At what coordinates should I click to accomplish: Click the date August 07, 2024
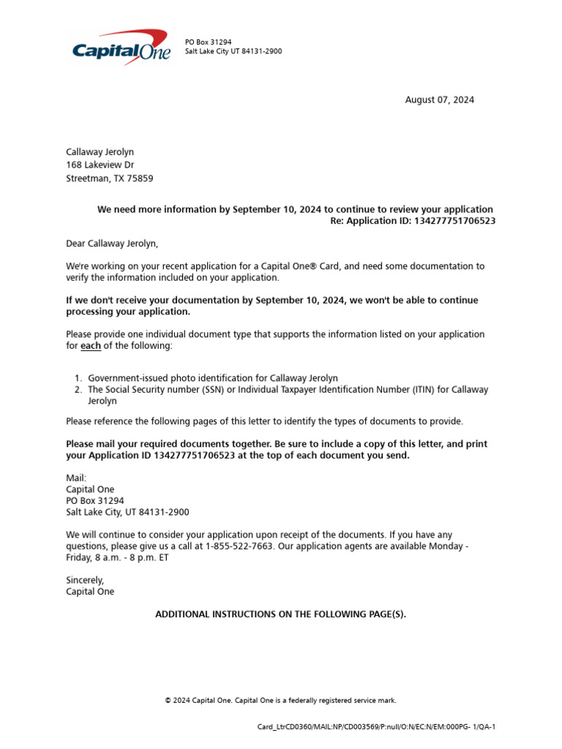click(439, 100)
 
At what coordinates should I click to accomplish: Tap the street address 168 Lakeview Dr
click(100, 165)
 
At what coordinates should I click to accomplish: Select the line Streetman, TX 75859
click(110, 178)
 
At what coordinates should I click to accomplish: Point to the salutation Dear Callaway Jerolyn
click(111, 244)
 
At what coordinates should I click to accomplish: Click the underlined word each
click(91, 346)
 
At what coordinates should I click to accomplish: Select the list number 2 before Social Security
click(78, 390)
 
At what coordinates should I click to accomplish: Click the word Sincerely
click(85, 580)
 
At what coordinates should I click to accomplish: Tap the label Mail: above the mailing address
click(76, 478)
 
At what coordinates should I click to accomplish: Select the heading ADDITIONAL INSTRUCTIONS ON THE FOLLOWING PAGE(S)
click(280, 614)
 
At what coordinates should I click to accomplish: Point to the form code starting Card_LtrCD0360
click(377, 727)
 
